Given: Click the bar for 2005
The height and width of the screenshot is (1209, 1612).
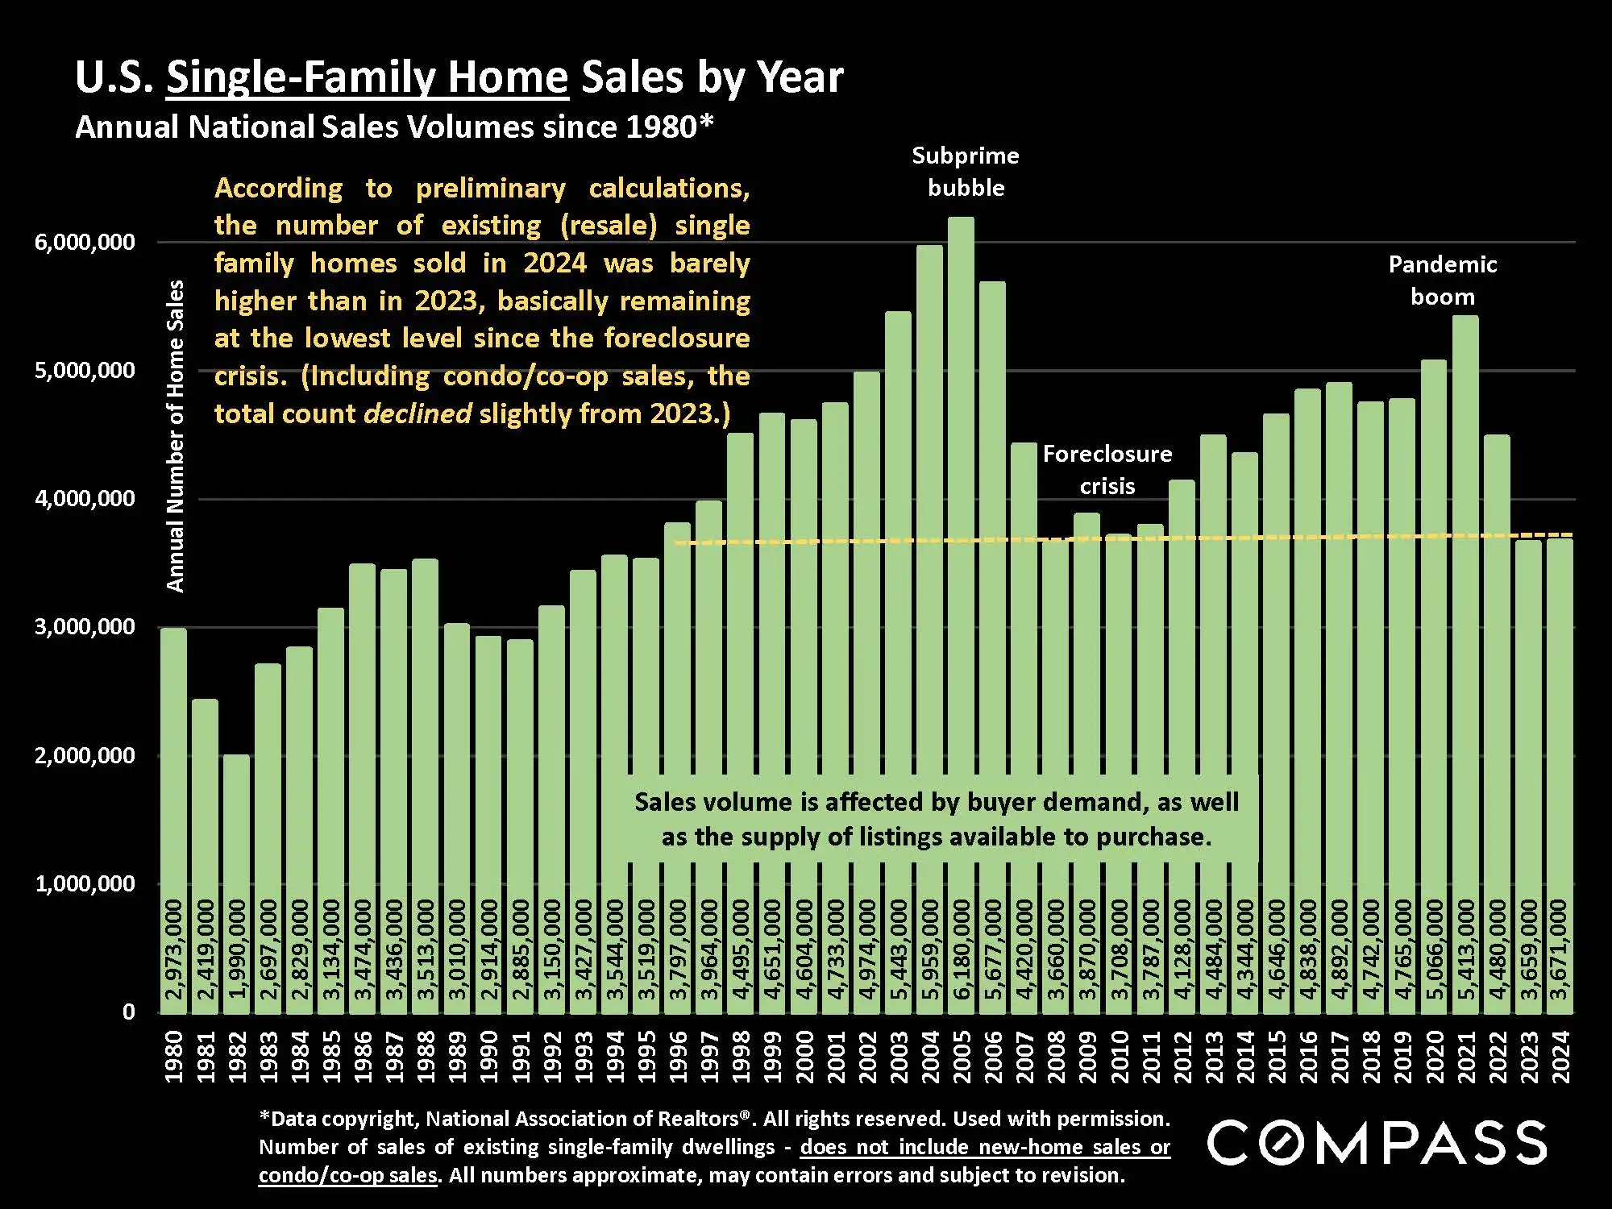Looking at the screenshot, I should point(961,564).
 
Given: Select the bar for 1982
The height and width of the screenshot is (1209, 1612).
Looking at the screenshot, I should point(237,846).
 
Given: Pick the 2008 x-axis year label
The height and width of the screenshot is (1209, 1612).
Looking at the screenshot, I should point(1056,1057).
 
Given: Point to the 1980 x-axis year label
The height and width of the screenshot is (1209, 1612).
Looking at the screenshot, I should point(174,1057).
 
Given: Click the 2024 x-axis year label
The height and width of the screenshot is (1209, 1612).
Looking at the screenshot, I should point(1560,1057).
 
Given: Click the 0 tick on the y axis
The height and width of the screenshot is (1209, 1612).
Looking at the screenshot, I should point(129,1012).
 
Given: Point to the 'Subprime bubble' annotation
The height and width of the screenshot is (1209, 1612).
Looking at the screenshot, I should point(966,172).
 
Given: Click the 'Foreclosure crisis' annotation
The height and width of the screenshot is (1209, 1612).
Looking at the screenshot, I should point(1107,470).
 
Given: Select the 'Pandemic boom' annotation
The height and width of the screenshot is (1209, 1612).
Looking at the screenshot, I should point(1443,280).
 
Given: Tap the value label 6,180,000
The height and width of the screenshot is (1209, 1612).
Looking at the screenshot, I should point(962,949).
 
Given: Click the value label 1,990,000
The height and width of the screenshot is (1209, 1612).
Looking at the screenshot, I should point(237,949).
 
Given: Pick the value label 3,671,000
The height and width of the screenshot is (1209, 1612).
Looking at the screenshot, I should point(1560,949).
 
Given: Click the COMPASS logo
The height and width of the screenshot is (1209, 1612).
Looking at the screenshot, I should point(1377,1142).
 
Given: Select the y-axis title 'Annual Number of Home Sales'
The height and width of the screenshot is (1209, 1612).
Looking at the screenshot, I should point(175,435).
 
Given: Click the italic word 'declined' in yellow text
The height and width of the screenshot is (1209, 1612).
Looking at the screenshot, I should point(418,413).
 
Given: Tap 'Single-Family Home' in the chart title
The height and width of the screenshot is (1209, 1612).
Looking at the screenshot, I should point(368,77).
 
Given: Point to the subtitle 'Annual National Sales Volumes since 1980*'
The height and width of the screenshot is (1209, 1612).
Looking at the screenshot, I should point(395,127).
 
